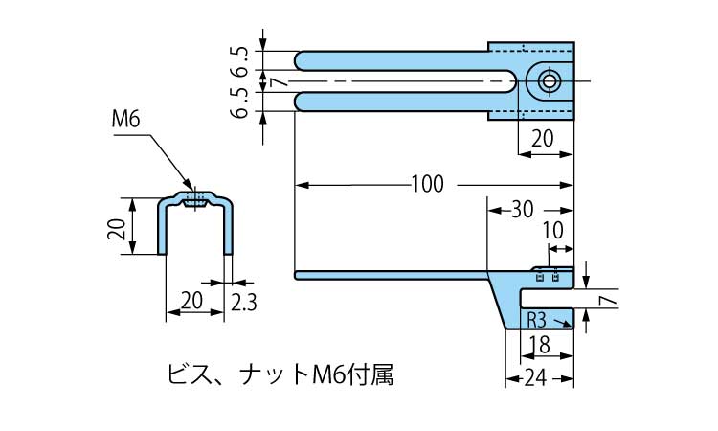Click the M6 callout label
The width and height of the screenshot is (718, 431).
126,120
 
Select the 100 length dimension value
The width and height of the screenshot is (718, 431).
427,184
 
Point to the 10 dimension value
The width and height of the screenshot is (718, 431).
552,231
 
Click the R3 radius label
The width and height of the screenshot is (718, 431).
536,320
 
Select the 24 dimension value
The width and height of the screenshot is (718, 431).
539,378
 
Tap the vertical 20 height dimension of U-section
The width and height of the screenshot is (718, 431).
118,227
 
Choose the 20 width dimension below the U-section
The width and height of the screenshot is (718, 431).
191,302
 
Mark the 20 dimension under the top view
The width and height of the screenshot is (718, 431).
542,139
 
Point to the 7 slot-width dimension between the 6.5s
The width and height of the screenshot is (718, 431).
278,82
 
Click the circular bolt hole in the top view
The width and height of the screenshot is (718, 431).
549,80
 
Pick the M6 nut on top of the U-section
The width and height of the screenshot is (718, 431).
196,199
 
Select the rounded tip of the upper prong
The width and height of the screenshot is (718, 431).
300,59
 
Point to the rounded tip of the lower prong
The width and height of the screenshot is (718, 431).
300,102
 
